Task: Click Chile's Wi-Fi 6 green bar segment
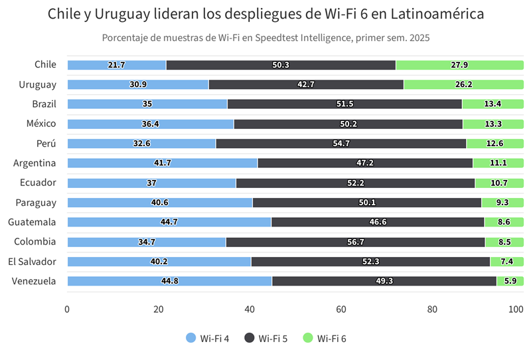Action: pyautogui.click(x=459, y=65)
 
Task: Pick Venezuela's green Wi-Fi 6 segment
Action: pyautogui.click(x=510, y=281)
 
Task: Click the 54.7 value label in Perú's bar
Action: pyautogui.click(x=341, y=143)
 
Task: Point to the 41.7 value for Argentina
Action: pyautogui.click(x=162, y=163)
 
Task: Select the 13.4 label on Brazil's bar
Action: pyautogui.click(x=493, y=104)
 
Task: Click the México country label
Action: pyautogui.click(x=41, y=124)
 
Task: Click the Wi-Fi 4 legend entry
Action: pyautogui.click(x=208, y=339)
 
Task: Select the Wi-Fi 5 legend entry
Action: pyautogui.click(x=266, y=339)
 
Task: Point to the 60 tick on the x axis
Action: pyautogui.click(x=341, y=309)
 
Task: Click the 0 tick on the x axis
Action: pyautogui.click(x=67, y=309)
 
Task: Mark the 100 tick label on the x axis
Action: pyautogui.click(x=516, y=309)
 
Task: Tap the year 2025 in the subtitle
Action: pyautogui.click(x=419, y=38)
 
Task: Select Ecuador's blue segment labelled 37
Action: pyautogui.click(x=151, y=183)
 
